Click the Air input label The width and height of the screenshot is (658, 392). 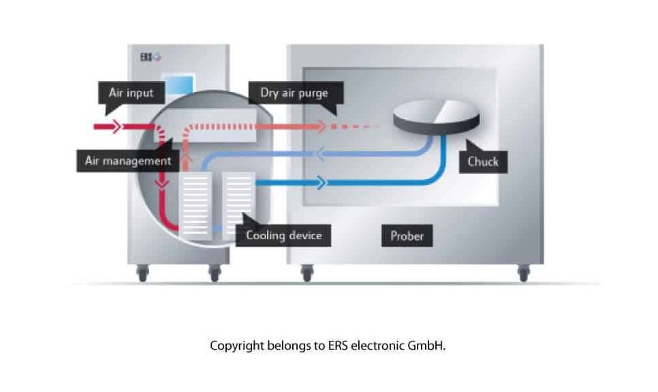point(131,93)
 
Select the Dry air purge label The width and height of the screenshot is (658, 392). point(294,93)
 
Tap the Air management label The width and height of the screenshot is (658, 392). point(127,162)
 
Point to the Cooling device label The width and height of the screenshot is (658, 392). point(283,236)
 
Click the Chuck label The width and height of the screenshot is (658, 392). point(483,162)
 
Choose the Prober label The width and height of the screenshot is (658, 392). point(407,236)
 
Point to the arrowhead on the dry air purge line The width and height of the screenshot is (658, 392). point(321,127)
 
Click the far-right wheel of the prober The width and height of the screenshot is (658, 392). point(523,273)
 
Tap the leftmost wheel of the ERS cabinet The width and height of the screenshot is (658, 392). point(142,273)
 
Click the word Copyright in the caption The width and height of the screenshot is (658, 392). point(235,346)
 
